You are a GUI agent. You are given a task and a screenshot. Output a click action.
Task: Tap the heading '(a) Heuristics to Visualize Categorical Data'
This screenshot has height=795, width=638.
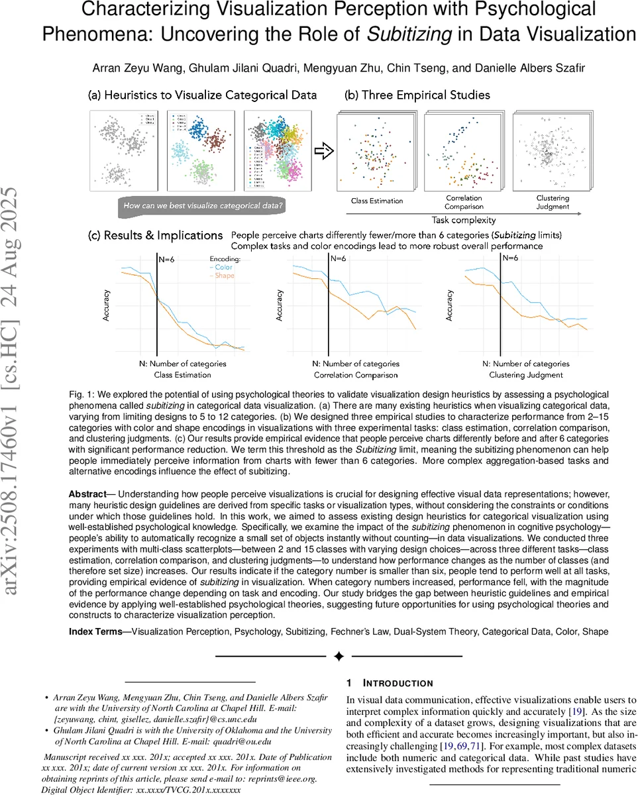point(203,95)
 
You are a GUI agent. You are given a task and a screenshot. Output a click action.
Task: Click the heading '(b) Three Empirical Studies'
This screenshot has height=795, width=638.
point(417,95)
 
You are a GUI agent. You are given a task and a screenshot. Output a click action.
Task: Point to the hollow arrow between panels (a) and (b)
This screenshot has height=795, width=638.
point(323,152)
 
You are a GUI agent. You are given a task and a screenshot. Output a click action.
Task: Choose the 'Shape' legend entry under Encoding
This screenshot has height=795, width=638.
point(225,276)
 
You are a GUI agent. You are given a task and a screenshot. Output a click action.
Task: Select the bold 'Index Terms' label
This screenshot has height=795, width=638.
point(95,632)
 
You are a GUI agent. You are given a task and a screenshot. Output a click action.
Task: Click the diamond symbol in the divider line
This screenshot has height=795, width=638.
point(339,657)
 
